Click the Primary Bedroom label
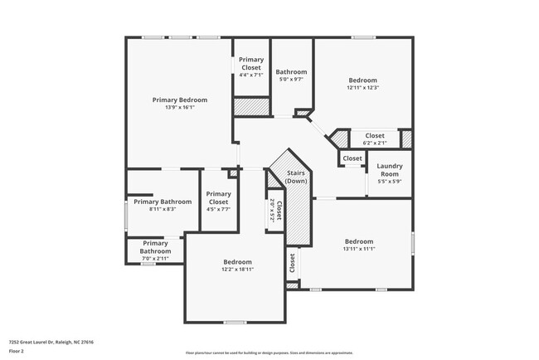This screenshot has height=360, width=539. point(179,100)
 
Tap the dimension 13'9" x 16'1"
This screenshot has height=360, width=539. point(179,108)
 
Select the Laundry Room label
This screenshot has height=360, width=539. point(389,169)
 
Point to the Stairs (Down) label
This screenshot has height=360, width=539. point(295,177)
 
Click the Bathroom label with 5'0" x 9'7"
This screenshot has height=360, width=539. point(291,72)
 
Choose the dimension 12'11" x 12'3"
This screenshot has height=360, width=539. point(362,87)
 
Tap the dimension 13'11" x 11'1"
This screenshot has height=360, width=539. point(359,249)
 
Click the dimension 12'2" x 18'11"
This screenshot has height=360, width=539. point(237,270)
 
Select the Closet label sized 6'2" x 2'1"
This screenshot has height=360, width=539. point(374,135)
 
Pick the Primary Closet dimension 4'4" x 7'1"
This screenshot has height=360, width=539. point(251,75)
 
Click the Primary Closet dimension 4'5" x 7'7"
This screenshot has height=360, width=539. point(218,209)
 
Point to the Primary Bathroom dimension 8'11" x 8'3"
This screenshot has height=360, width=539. point(163,209)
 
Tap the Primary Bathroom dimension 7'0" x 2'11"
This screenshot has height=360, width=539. point(154,259)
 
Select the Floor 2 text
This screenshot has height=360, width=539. point(17,351)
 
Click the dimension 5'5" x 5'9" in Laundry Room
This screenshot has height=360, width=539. point(389,182)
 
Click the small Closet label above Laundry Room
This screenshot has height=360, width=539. point(352,158)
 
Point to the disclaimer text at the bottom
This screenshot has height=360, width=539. point(269,353)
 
